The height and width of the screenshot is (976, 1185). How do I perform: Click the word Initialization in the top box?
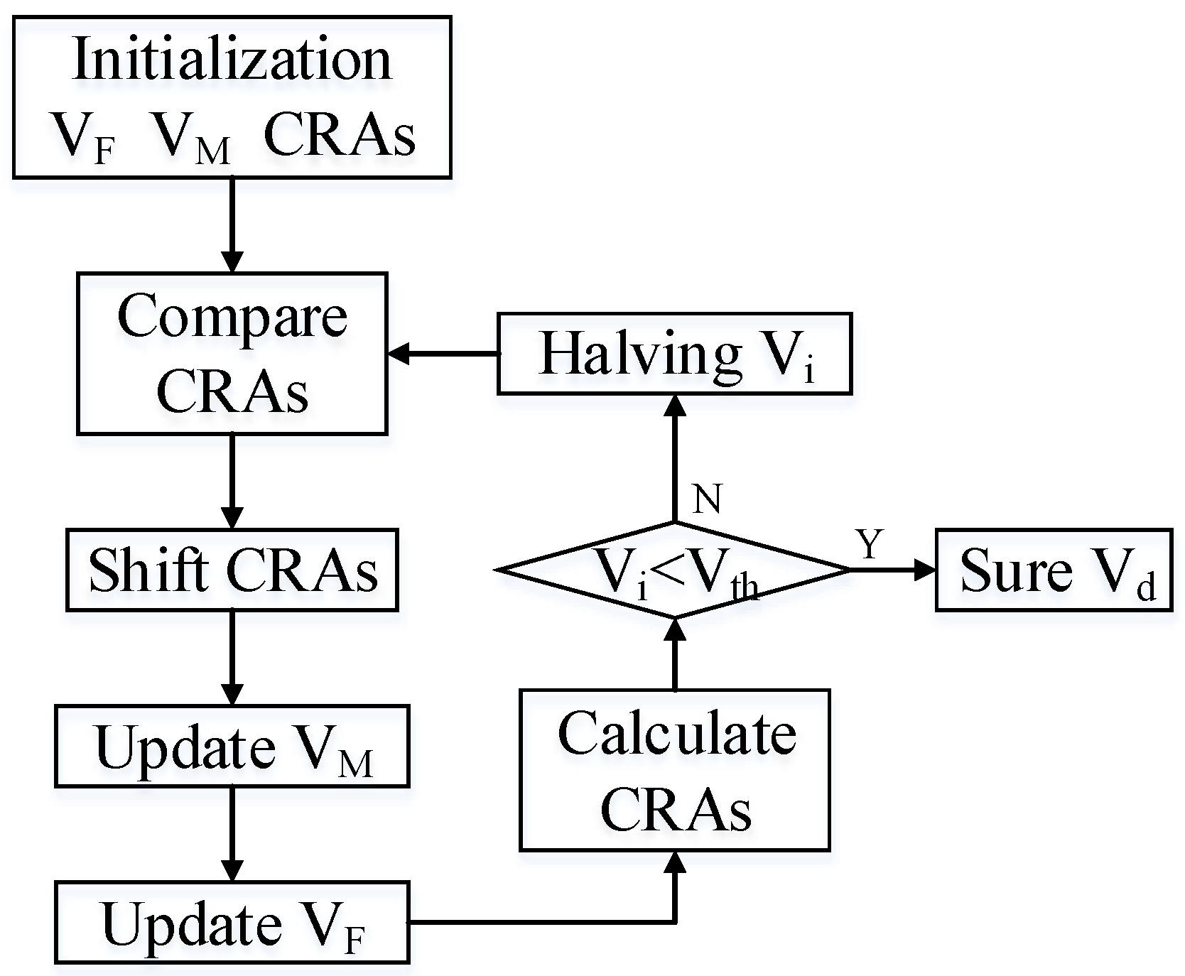(x=232, y=58)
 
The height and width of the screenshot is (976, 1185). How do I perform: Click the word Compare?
(x=232, y=317)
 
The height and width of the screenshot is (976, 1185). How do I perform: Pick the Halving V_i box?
(x=673, y=354)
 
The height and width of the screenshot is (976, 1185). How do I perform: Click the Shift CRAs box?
(x=232, y=570)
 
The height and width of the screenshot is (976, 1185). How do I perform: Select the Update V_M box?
(x=232, y=747)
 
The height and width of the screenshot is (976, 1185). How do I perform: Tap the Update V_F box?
(x=232, y=923)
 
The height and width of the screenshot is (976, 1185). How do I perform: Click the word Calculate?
(x=676, y=733)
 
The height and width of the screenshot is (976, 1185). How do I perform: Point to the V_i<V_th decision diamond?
(x=673, y=570)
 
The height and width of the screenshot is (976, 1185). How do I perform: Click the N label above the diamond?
(x=706, y=499)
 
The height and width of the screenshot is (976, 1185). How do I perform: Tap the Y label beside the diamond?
(x=870, y=545)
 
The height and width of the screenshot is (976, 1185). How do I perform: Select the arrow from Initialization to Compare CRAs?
(x=232, y=224)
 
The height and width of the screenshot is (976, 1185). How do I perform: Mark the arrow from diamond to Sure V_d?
(x=892, y=570)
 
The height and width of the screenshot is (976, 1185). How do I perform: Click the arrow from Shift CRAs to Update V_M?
(x=232, y=657)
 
